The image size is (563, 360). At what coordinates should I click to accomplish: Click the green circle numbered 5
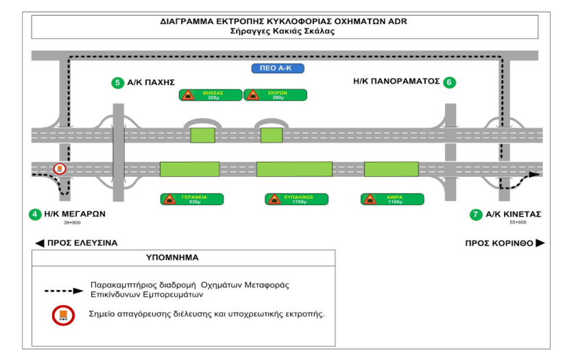(x=119, y=84)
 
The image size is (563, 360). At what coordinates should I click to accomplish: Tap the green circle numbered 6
(x=449, y=82)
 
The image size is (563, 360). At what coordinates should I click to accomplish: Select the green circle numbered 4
(x=34, y=214)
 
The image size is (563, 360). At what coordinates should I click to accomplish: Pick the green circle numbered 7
(x=476, y=215)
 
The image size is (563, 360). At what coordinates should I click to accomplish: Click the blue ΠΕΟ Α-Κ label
(x=277, y=69)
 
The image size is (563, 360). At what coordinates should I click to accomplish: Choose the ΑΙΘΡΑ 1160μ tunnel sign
(x=392, y=199)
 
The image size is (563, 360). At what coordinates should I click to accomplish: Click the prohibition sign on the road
(x=60, y=169)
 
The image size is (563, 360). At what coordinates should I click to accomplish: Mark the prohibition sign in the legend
(x=63, y=315)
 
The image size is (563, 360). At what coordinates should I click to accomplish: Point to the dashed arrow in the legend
(x=64, y=291)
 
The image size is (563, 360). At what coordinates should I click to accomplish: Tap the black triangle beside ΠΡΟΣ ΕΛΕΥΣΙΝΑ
(x=40, y=243)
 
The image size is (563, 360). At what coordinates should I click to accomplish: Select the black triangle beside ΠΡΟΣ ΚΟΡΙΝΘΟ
(x=540, y=243)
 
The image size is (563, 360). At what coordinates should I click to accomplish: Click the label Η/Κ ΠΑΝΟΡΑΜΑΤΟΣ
(x=396, y=81)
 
